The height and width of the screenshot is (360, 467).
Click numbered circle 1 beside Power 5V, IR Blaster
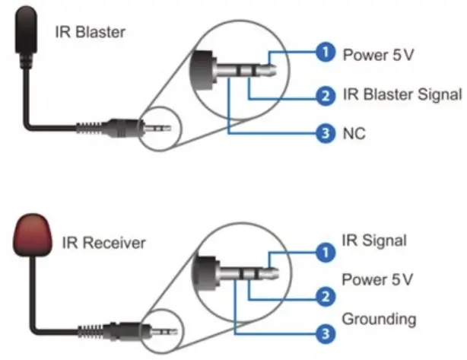(325, 53)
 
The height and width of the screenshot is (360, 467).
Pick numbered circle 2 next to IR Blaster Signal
(325, 96)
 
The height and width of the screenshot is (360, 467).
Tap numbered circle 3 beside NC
(325, 134)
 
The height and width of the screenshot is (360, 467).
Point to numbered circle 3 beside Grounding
(325, 333)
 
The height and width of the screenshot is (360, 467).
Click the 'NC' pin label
(354, 134)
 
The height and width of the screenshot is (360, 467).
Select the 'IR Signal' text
(375, 241)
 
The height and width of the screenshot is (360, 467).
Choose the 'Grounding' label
(380, 317)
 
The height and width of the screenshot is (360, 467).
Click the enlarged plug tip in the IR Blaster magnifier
(265, 68)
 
